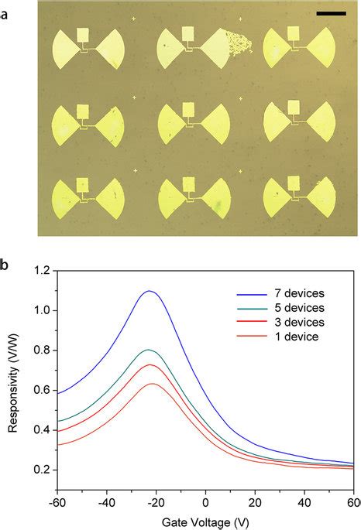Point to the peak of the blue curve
pos(150,291)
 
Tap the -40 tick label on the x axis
pos(106,501)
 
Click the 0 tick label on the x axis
pos(205,501)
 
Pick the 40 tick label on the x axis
pos(304,501)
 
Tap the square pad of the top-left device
pos(83,34)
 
